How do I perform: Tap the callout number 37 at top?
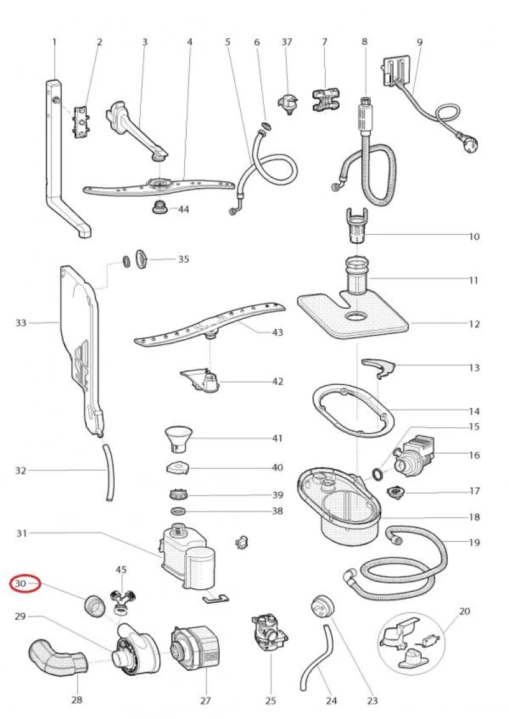287,42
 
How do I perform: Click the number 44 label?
183,209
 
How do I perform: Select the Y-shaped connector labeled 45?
121,599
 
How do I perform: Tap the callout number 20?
464,611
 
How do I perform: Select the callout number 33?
20,323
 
